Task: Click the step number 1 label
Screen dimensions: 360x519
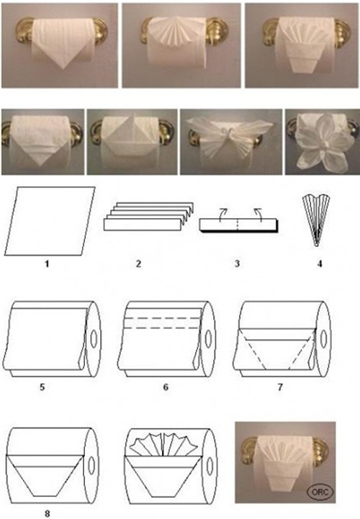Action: tap(47, 263)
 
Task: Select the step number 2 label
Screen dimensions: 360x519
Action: tap(138, 263)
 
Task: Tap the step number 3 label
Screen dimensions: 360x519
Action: tap(237, 263)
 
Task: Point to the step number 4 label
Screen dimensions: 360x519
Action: tap(319, 263)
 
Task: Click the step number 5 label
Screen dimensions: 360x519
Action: tap(42, 387)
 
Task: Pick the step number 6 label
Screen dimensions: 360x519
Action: tap(166, 387)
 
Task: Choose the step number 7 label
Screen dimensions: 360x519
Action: tap(280, 387)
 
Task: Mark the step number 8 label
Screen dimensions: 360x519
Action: tap(47, 513)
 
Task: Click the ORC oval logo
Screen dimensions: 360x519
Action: tap(320, 492)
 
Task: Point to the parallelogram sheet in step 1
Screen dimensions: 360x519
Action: tap(50, 221)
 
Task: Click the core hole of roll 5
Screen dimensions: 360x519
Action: tap(94, 339)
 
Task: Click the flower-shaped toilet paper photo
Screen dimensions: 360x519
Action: tap(323, 142)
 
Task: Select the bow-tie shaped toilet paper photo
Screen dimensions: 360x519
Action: tap(231, 142)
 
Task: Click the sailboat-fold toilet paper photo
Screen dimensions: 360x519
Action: tap(132, 142)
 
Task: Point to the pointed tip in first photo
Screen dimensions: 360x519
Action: tap(63, 68)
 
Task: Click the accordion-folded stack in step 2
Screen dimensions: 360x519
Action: tap(149, 216)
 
